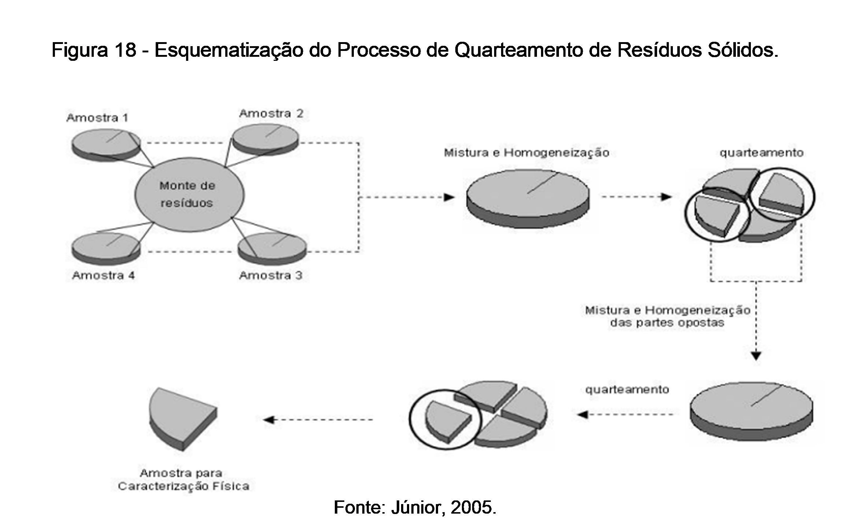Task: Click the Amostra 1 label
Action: click(97, 118)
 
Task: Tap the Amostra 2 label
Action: click(271, 114)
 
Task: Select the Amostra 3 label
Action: click(271, 275)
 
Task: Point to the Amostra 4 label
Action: click(103, 275)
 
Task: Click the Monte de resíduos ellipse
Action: click(189, 195)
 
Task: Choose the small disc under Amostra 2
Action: click(266, 139)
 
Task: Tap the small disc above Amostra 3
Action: click(272, 248)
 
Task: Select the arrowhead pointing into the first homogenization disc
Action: click(449, 197)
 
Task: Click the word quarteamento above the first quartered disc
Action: click(761, 152)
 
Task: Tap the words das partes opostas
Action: click(667, 323)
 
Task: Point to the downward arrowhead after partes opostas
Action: click(756, 355)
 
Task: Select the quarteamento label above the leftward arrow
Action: click(627, 389)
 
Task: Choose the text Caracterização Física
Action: click(184, 486)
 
